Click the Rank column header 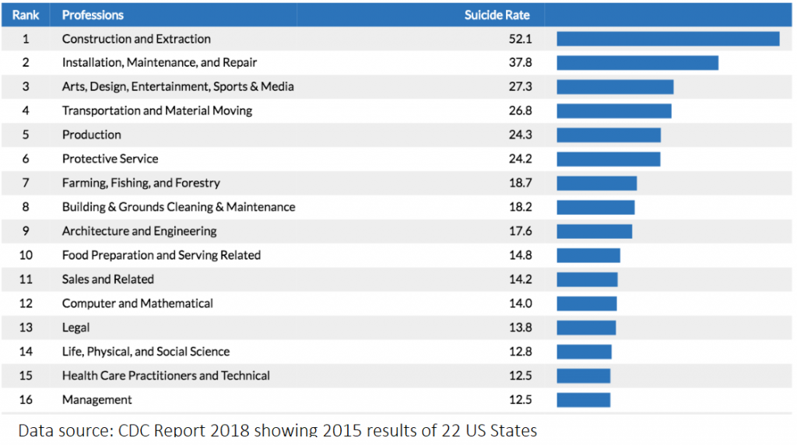(x=26, y=15)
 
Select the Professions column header (x=93, y=15)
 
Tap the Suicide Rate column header (x=498, y=15)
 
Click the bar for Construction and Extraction (x=668, y=39)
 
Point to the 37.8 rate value (x=520, y=62)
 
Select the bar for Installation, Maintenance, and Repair (x=637, y=62)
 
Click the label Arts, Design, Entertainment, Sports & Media (x=177, y=86)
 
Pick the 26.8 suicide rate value (x=520, y=110)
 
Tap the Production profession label (x=92, y=135)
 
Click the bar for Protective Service (x=609, y=159)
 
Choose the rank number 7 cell (x=26, y=183)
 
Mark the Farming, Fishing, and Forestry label (x=141, y=183)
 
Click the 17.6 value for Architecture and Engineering (x=520, y=231)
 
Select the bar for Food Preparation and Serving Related (x=588, y=255)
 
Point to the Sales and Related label (x=108, y=279)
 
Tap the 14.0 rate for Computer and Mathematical (x=520, y=303)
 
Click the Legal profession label (x=75, y=328)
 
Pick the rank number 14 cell (x=26, y=352)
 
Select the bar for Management (x=584, y=400)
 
